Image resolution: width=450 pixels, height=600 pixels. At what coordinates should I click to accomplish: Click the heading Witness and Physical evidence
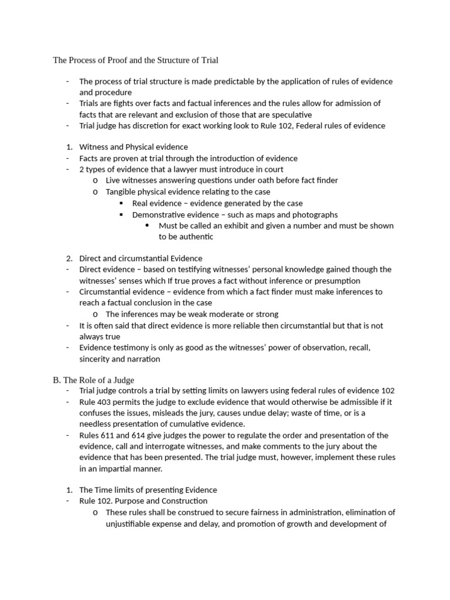[134, 147]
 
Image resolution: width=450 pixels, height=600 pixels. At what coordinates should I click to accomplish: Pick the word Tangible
[122, 192]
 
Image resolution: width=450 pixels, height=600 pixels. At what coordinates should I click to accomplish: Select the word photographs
[315, 214]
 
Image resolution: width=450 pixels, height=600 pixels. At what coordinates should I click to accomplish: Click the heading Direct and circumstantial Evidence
[141, 258]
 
